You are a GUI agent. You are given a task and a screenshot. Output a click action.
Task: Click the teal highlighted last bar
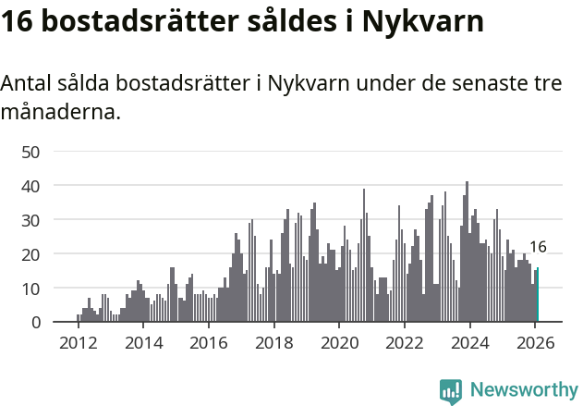538,295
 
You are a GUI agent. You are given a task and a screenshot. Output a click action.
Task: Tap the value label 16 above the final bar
538,247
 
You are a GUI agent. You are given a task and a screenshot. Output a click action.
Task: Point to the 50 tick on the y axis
30,152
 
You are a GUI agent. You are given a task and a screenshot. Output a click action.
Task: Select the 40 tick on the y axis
30,186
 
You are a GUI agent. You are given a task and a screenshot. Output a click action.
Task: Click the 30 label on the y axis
30,220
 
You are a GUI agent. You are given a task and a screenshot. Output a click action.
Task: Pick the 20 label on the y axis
30,254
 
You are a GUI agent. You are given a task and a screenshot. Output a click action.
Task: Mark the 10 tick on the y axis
30,289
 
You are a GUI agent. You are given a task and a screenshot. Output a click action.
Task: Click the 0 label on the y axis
36,323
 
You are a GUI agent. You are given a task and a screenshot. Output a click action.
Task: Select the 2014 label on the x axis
142,343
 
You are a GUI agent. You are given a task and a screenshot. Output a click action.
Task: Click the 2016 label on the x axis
208,343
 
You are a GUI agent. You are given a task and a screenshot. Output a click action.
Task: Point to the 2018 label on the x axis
273,343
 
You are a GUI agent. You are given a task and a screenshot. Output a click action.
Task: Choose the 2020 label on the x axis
339,343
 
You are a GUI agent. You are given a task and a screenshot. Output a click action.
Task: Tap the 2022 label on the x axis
404,343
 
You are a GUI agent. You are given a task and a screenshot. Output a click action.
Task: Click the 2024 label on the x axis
469,343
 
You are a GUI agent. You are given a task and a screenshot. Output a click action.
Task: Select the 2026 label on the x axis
535,343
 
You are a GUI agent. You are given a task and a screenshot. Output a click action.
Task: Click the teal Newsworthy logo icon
451,391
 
